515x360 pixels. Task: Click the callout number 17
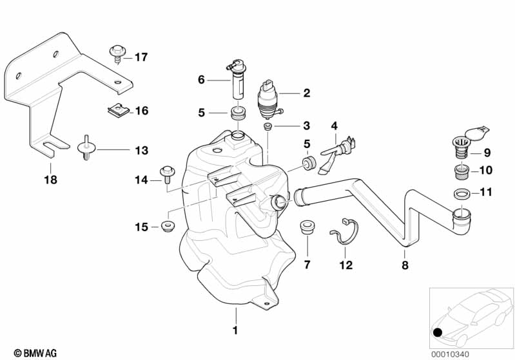point(141,57)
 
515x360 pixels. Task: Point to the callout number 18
point(50,180)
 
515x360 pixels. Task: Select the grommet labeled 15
point(169,226)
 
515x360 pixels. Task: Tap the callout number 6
point(200,80)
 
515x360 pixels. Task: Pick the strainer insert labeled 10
point(462,172)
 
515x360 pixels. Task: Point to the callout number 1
point(235,330)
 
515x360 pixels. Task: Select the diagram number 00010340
point(472,352)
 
